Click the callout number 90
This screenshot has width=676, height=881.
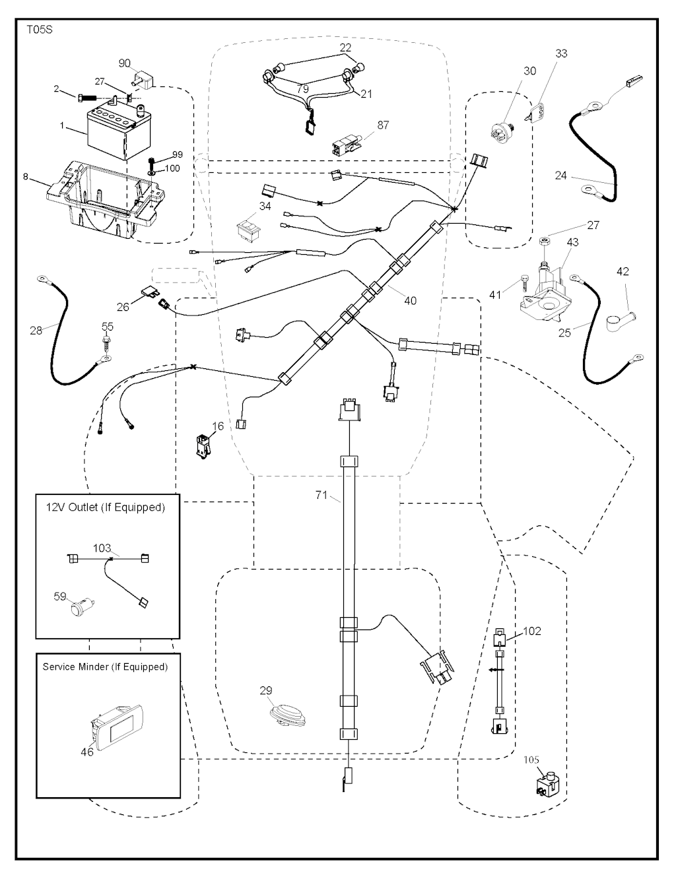point(125,63)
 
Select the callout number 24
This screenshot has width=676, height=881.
point(560,176)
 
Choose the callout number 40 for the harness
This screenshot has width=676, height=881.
point(410,300)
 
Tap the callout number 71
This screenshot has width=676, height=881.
point(321,495)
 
